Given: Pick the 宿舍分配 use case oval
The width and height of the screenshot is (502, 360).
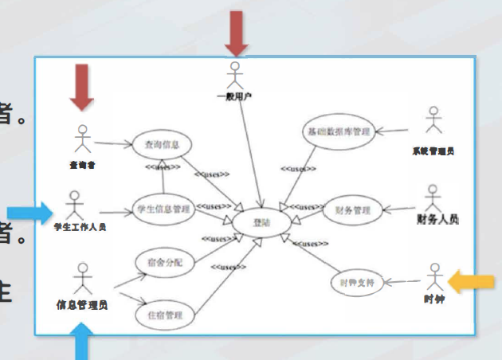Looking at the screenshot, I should [x=165, y=261].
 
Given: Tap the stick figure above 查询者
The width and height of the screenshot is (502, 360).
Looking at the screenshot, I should [x=83, y=139].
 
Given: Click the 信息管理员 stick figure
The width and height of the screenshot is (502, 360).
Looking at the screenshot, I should [x=81, y=279].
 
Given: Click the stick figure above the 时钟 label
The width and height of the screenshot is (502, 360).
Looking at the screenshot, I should [x=433, y=276].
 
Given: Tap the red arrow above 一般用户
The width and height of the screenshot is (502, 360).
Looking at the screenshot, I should [x=235, y=33].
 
